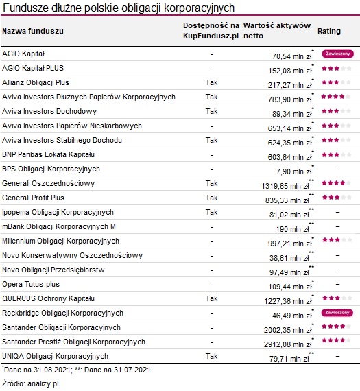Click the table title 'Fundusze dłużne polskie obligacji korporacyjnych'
(x=119, y=8)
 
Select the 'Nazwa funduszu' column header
(x=33, y=32)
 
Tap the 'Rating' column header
(x=329, y=32)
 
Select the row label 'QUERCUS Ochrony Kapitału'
(x=48, y=298)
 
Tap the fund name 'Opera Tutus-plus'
(x=32, y=284)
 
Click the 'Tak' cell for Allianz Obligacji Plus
(x=211, y=82)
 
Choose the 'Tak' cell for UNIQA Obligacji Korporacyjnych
(x=211, y=356)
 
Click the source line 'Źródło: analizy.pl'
(x=32, y=383)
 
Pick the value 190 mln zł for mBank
(x=294, y=228)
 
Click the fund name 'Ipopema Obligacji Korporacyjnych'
(x=58, y=212)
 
